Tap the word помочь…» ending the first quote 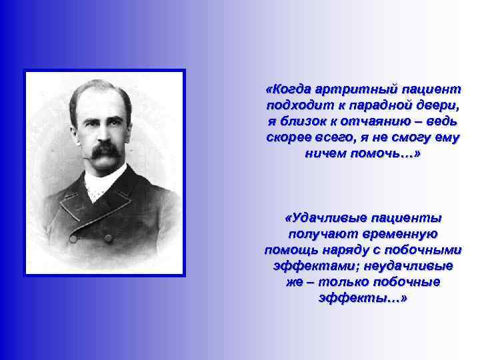(388, 153)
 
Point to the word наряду (347, 250)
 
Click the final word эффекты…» (363, 298)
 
